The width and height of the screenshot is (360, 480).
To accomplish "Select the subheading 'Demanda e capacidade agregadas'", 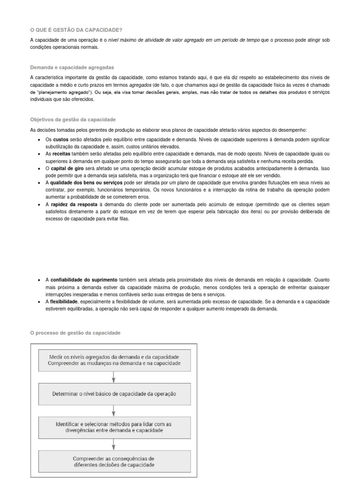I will (72, 67).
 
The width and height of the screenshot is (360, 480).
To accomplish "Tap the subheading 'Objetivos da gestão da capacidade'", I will (73, 120).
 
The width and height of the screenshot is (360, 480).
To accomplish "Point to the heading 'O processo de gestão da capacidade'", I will (75, 333).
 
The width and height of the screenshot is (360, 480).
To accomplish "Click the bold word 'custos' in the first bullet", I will (61, 140).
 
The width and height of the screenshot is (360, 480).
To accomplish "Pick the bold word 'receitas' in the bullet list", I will (62, 153).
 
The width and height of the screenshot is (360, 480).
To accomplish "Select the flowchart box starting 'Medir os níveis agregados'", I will (114, 360).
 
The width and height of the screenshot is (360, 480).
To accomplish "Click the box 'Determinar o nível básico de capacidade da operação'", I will (114, 394).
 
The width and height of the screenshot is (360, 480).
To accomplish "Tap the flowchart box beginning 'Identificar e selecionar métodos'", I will (114, 427).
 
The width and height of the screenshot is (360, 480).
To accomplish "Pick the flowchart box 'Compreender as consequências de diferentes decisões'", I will (114, 461).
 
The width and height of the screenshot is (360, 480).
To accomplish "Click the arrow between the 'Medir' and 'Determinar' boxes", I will (114, 377).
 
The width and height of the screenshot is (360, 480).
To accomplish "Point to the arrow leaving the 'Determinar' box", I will (114, 410).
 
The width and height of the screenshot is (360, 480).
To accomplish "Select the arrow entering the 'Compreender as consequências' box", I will (114, 444).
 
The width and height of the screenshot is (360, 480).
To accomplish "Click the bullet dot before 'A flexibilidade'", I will (39, 302).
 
